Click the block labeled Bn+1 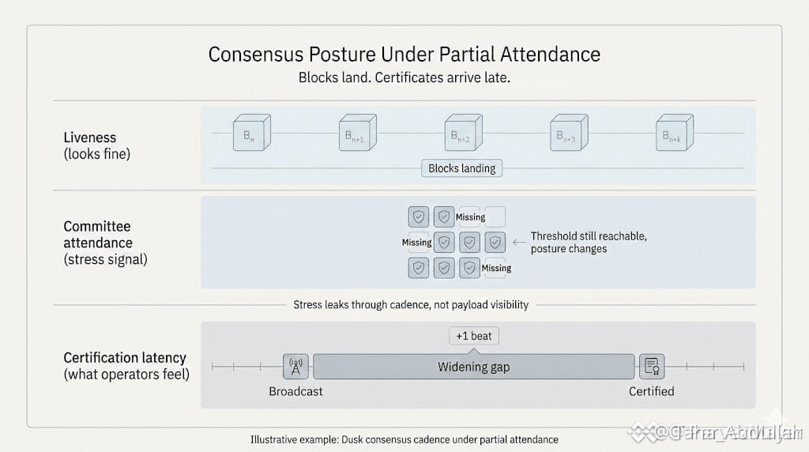tap(356, 133)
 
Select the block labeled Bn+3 tap(568, 133)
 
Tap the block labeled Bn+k tap(674, 133)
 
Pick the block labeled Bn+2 tap(462, 133)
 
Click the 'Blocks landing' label tap(462, 168)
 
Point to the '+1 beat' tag tap(474, 336)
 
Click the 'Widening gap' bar tap(474, 367)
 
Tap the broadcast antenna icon tap(295, 367)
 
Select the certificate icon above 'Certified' tap(652, 367)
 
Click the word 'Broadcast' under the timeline tap(295, 391)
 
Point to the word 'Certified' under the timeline tap(652, 391)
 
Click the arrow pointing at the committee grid tap(518, 243)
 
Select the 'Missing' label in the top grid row tap(471, 217)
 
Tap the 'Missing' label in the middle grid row tap(416, 243)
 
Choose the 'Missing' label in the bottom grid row tap(496, 268)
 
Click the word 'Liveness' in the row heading tap(89, 138)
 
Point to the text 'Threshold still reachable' tap(589, 236)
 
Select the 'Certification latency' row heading tap(125, 358)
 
